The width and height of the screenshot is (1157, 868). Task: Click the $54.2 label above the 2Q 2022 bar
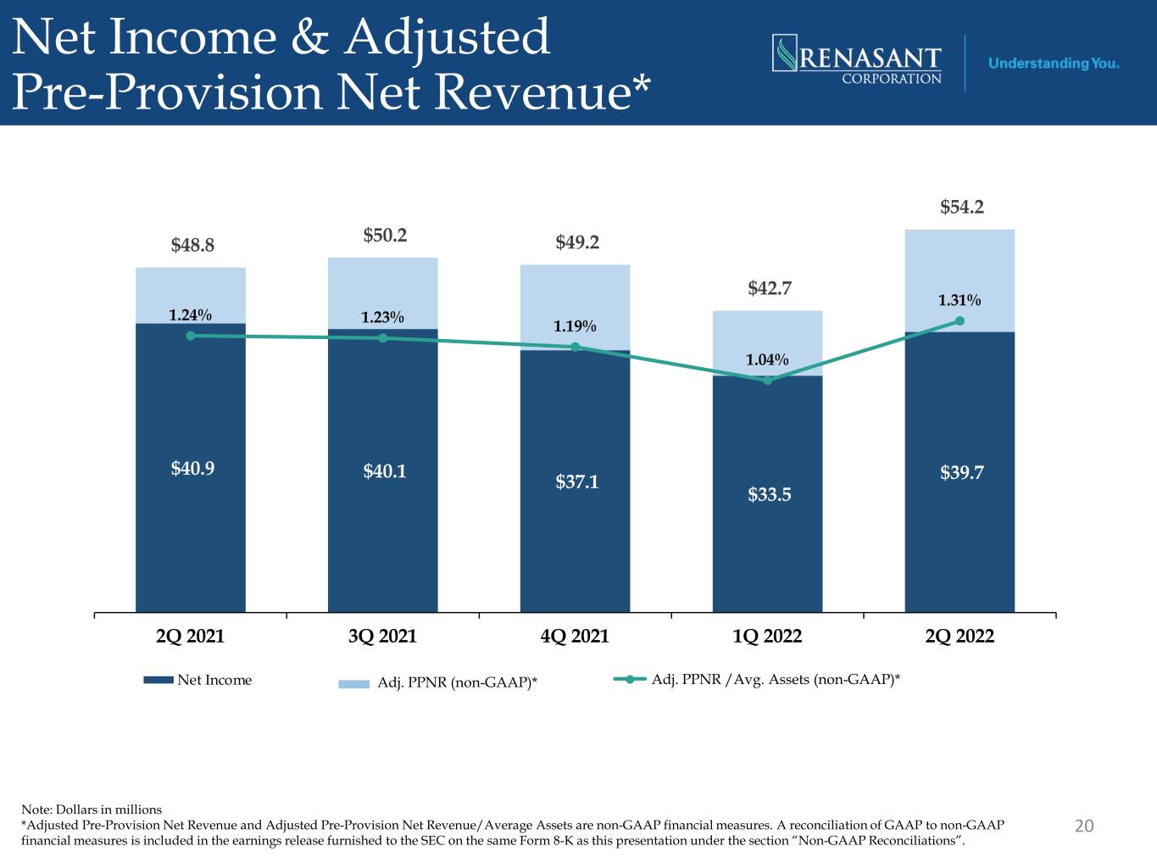click(x=961, y=207)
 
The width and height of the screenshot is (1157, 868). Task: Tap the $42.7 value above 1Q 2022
click(x=770, y=288)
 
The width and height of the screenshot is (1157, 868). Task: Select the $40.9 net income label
click(x=192, y=468)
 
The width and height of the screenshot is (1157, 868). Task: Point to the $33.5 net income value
click(x=770, y=494)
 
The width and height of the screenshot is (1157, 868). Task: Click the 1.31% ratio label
click(x=960, y=300)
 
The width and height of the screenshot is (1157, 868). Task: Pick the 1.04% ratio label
click(x=767, y=360)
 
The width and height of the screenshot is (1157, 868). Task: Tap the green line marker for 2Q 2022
click(x=960, y=321)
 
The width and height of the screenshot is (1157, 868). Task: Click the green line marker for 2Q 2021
click(x=191, y=336)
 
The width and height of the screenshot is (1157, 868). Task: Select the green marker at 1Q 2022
click(x=767, y=380)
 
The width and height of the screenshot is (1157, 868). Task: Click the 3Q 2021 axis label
click(x=382, y=636)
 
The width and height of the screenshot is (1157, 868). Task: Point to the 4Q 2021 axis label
click(x=575, y=636)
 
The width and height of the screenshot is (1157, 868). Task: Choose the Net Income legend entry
click(x=197, y=680)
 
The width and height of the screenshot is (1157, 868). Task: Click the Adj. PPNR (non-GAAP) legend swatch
click(x=353, y=684)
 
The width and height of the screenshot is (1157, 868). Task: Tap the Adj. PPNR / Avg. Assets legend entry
click(x=757, y=679)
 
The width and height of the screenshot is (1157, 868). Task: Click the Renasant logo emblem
click(x=785, y=53)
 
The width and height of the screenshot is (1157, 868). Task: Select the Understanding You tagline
click(x=1054, y=64)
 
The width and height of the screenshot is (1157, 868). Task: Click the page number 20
click(x=1084, y=826)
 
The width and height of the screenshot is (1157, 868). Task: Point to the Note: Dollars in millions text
click(x=92, y=810)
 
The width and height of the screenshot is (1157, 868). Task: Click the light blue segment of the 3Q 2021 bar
click(x=382, y=293)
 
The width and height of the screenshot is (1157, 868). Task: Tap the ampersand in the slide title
click(x=309, y=37)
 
